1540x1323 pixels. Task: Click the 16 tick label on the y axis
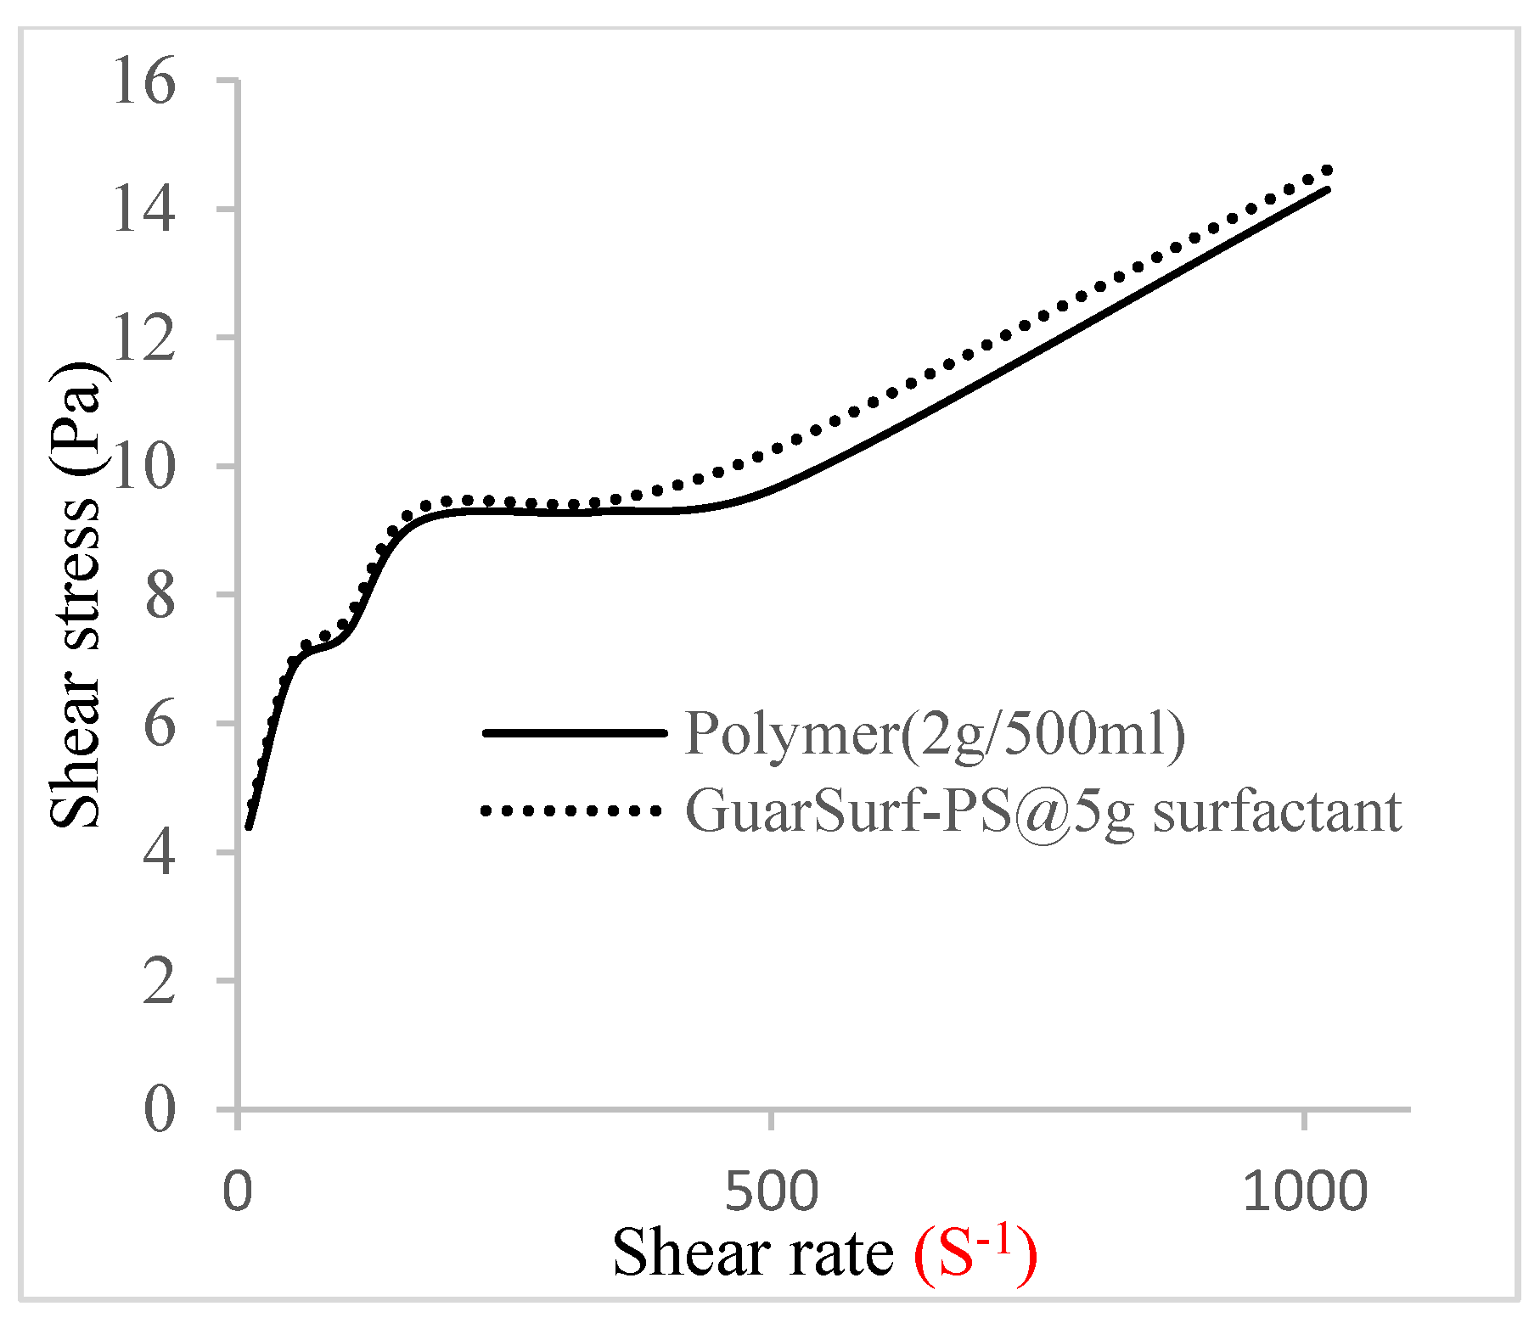click(143, 81)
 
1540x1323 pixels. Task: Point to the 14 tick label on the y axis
click(143, 210)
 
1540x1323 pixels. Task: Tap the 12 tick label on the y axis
click(143, 338)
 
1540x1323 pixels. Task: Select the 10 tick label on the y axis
click(143, 467)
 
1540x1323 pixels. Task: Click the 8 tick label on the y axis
click(160, 596)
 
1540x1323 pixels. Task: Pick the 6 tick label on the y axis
click(160, 724)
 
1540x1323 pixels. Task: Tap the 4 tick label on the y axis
click(160, 852)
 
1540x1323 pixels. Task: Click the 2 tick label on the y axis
click(160, 981)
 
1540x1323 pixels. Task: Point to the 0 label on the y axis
click(160, 1109)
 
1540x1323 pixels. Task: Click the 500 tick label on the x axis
click(771, 1191)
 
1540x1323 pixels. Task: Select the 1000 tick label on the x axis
click(1305, 1191)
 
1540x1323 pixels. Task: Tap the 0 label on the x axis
click(238, 1191)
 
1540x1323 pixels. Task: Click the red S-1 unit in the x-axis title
click(975, 1253)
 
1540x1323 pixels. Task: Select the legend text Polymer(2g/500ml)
click(935, 732)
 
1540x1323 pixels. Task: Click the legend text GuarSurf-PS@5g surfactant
click(1043, 810)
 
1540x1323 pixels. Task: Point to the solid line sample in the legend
click(574, 732)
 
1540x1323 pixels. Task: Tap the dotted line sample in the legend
click(570, 810)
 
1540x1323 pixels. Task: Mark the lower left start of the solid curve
click(249, 827)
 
